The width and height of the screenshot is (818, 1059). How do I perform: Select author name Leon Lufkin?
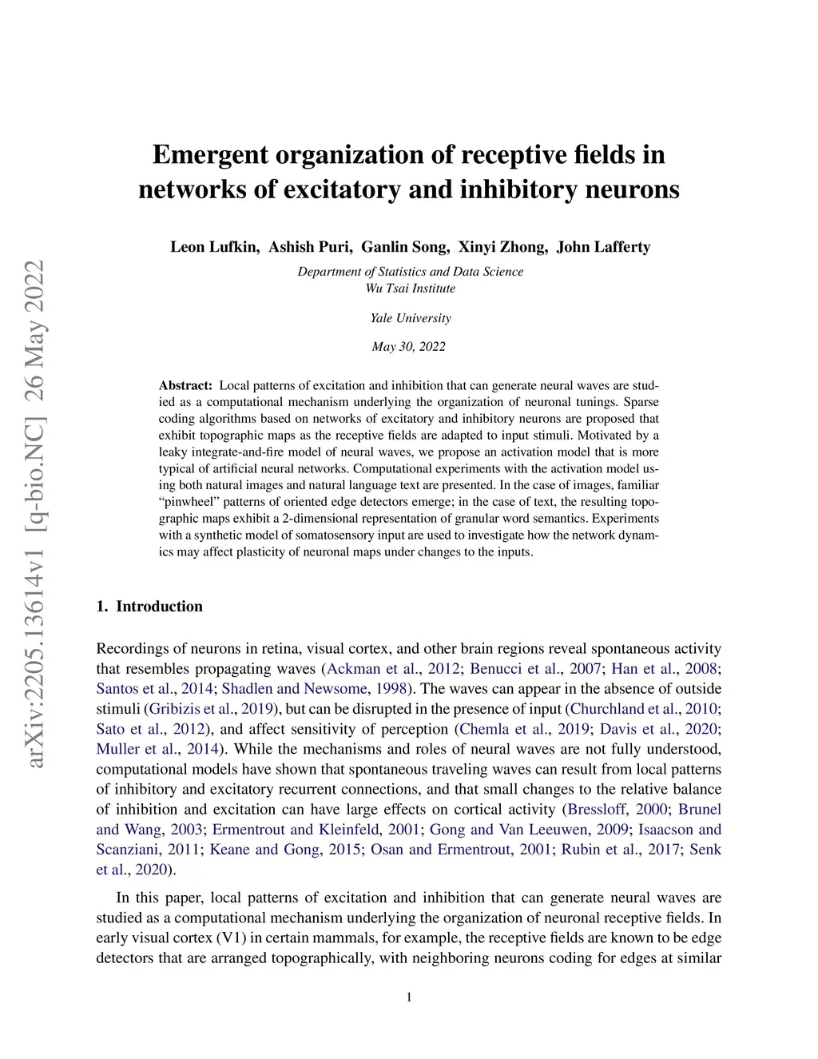pyautogui.click(x=214, y=246)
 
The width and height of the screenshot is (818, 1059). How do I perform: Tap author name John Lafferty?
pyautogui.click(x=603, y=246)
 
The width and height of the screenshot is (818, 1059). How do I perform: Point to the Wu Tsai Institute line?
pyautogui.click(x=410, y=288)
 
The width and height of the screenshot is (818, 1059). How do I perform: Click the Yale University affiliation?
pyautogui.click(x=410, y=317)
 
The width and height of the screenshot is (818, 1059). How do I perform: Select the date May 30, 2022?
pyautogui.click(x=408, y=346)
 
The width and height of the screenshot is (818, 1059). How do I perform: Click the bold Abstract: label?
pyautogui.click(x=185, y=385)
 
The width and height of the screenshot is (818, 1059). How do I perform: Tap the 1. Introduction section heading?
pyautogui.click(x=149, y=606)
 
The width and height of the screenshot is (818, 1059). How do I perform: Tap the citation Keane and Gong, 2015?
pyautogui.click(x=285, y=849)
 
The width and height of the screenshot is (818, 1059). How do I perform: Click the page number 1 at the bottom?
pyautogui.click(x=409, y=997)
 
